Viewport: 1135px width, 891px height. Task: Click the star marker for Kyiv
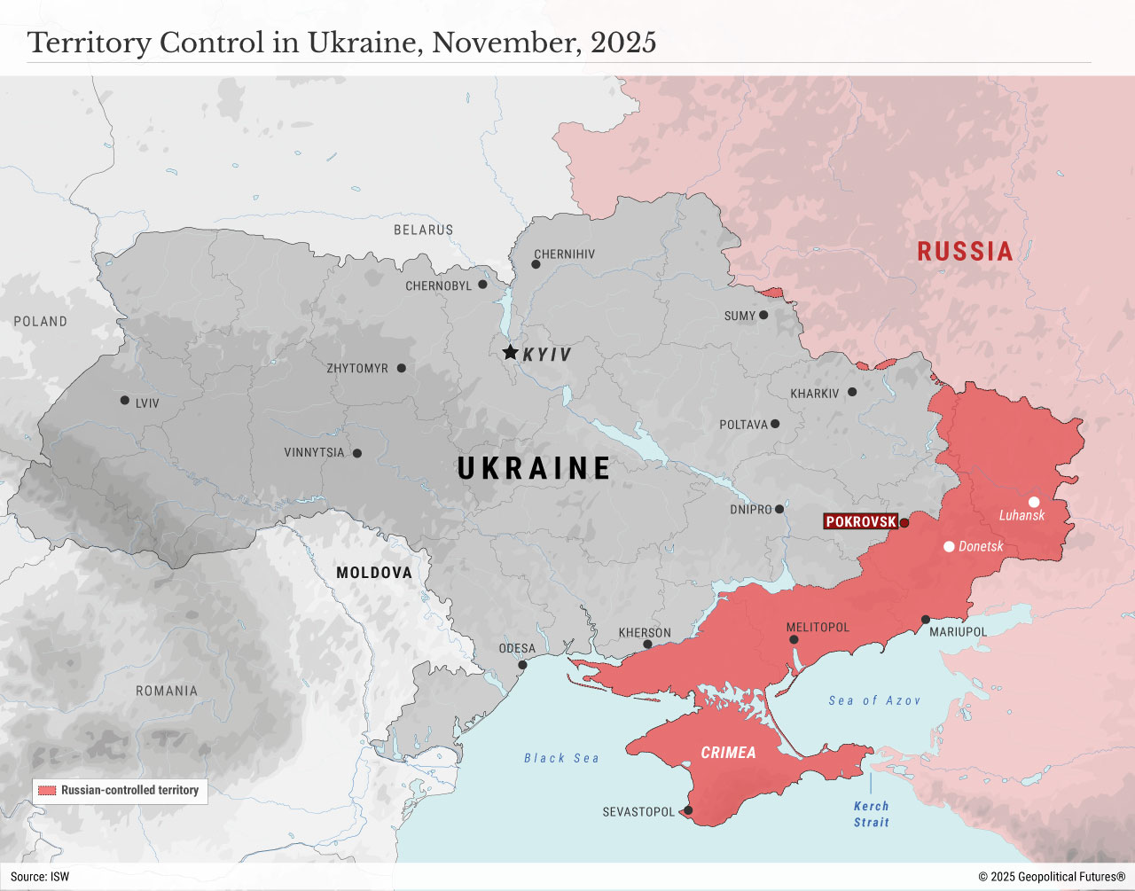[510, 352]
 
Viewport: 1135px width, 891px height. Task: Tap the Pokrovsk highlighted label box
[861, 521]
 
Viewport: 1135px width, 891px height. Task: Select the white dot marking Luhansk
[1034, 502]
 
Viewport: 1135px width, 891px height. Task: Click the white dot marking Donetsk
[949, 546]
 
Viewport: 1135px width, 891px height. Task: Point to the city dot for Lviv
[125, 401]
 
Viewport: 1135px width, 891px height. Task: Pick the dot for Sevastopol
[688, 810]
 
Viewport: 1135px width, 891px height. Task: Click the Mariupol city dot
[926, 620]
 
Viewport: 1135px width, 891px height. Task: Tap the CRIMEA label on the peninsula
[728, 753]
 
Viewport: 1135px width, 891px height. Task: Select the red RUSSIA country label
[965, 252]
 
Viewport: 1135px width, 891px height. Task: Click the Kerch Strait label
[871, 814]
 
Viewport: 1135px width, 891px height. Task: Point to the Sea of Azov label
[874, 700]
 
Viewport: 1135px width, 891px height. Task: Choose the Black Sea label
[561, 758]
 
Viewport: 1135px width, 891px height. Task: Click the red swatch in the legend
[47, 790]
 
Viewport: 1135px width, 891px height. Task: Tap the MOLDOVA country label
[373, 573]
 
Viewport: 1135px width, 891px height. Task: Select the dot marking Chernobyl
[482, 285]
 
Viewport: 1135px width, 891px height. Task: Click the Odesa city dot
[522, 665]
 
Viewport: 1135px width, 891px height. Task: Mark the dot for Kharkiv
[852, 392]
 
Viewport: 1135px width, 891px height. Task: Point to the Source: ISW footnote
[40, 877]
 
